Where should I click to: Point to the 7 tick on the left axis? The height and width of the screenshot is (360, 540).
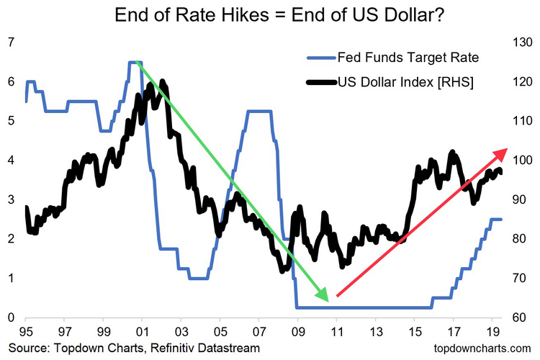pyautogui.click(x=10, y=42)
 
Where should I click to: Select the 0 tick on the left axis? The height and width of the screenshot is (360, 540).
pyautogui.click(x=10, y=318)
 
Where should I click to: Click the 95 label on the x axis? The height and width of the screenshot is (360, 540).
pyautogui.click(x=26, y=332)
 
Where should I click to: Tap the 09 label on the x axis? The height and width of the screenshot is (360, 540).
pyautogui.click(x=297, y=332)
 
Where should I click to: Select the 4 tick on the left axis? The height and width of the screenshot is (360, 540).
pyautogui.click(x=10, y=161)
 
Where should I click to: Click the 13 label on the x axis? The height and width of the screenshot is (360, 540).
pyautogui.click(x=374, y=332)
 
